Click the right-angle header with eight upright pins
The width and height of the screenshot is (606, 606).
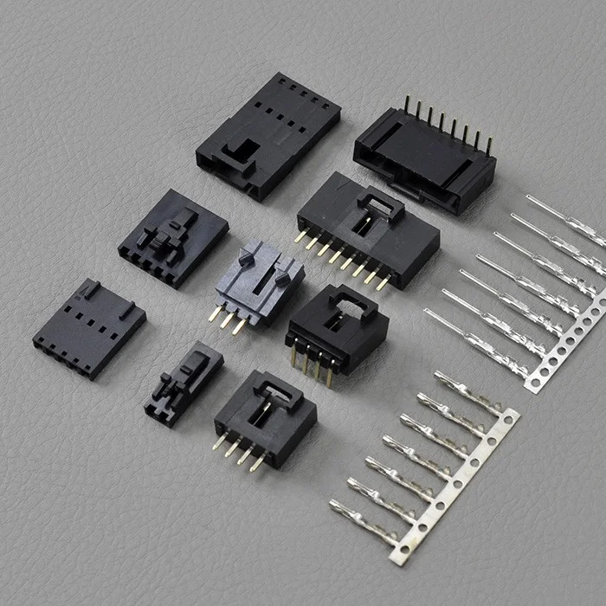click(424, 160)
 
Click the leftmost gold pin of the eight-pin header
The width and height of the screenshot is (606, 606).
click(300, 235)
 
